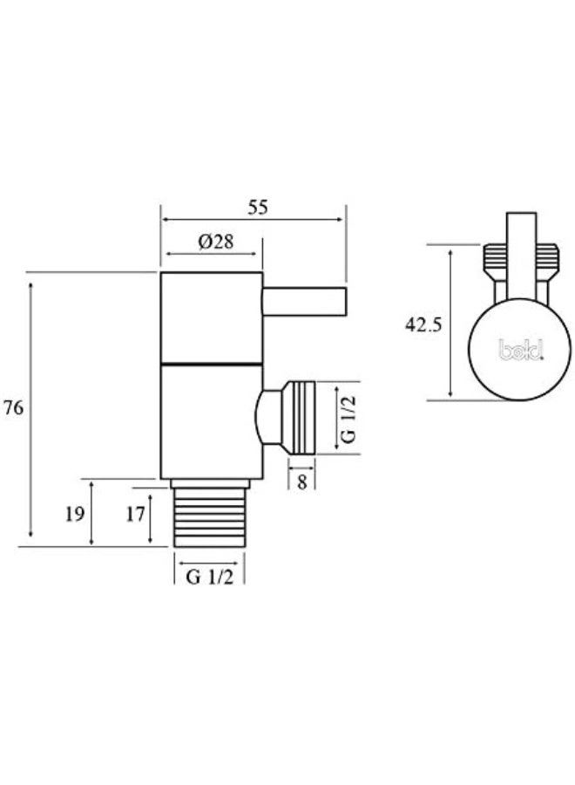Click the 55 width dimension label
point(258,208)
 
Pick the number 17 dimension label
point(134,514)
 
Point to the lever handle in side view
point(304,303)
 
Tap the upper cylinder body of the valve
point(211,316)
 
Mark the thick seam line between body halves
point(211,362)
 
